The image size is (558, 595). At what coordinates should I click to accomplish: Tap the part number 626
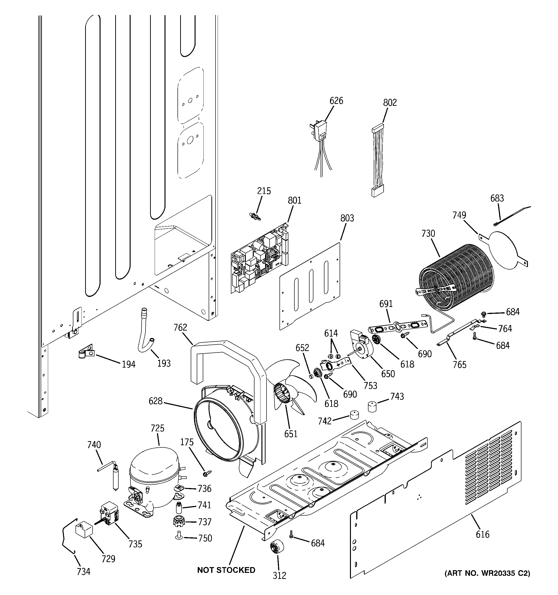pos(336,101)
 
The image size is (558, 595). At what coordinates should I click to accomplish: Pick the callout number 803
pos(347,218)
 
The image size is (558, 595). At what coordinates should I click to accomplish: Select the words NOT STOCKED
pos(226,570)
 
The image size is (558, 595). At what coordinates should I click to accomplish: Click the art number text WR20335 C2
pos(487,573)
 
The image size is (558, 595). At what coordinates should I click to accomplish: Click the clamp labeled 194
pos(85,352)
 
